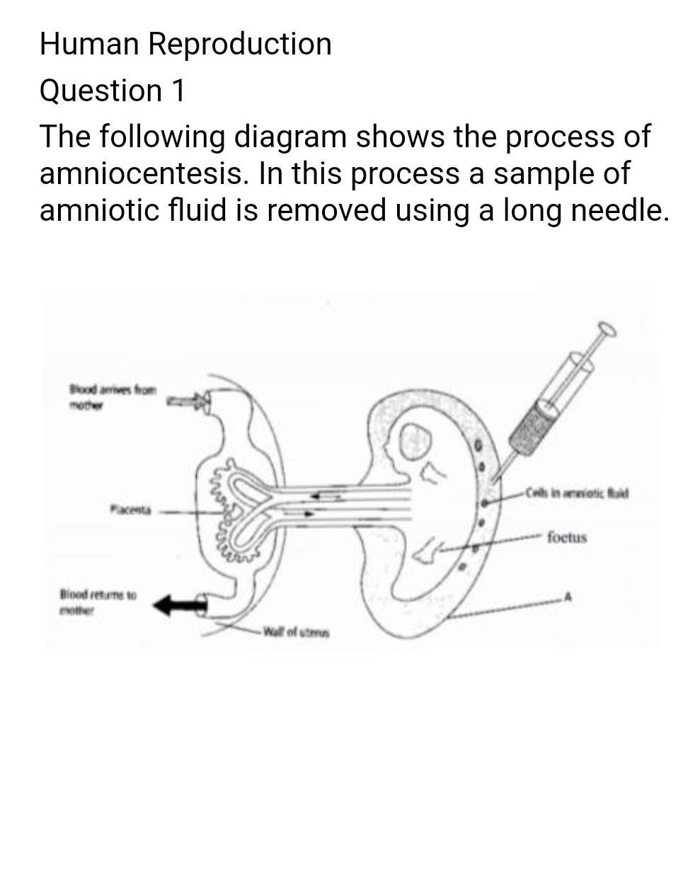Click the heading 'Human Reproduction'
(185, 44)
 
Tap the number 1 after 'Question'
(178, 91)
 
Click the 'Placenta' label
(130, 509)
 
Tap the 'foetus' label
(567, 537)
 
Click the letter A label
(567, 598)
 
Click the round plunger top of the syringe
(607, 329)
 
